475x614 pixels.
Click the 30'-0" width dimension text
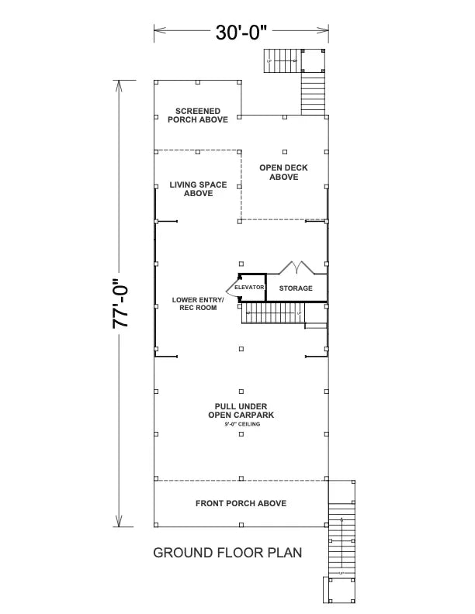click(x=241, y=33)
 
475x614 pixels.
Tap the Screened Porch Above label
click(x=197, y=116)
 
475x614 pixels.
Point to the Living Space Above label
click(x=199, y=188)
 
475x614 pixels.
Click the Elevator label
click(x=250, y=288)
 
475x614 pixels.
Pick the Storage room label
click(x=296, y=288)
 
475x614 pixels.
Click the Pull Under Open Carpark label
click(x=241, y=410)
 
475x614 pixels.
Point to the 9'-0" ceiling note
click(x=241, y=425)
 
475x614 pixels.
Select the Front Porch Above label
click(x=241, y=503)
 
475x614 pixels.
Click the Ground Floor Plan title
click(x=227, y=553)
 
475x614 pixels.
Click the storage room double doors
click(x=296, y=268)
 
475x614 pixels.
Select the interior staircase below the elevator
click(x=272, y=313)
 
